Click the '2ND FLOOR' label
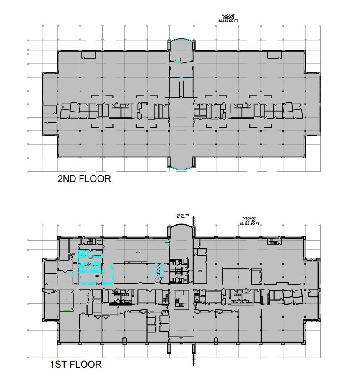[84, 179]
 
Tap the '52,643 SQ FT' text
[228, 20]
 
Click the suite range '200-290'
[228, 17]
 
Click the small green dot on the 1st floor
[66, 299]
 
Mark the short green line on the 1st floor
[65, 310]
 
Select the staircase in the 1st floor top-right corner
[273, 242]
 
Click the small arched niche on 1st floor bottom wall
[124, 340]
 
